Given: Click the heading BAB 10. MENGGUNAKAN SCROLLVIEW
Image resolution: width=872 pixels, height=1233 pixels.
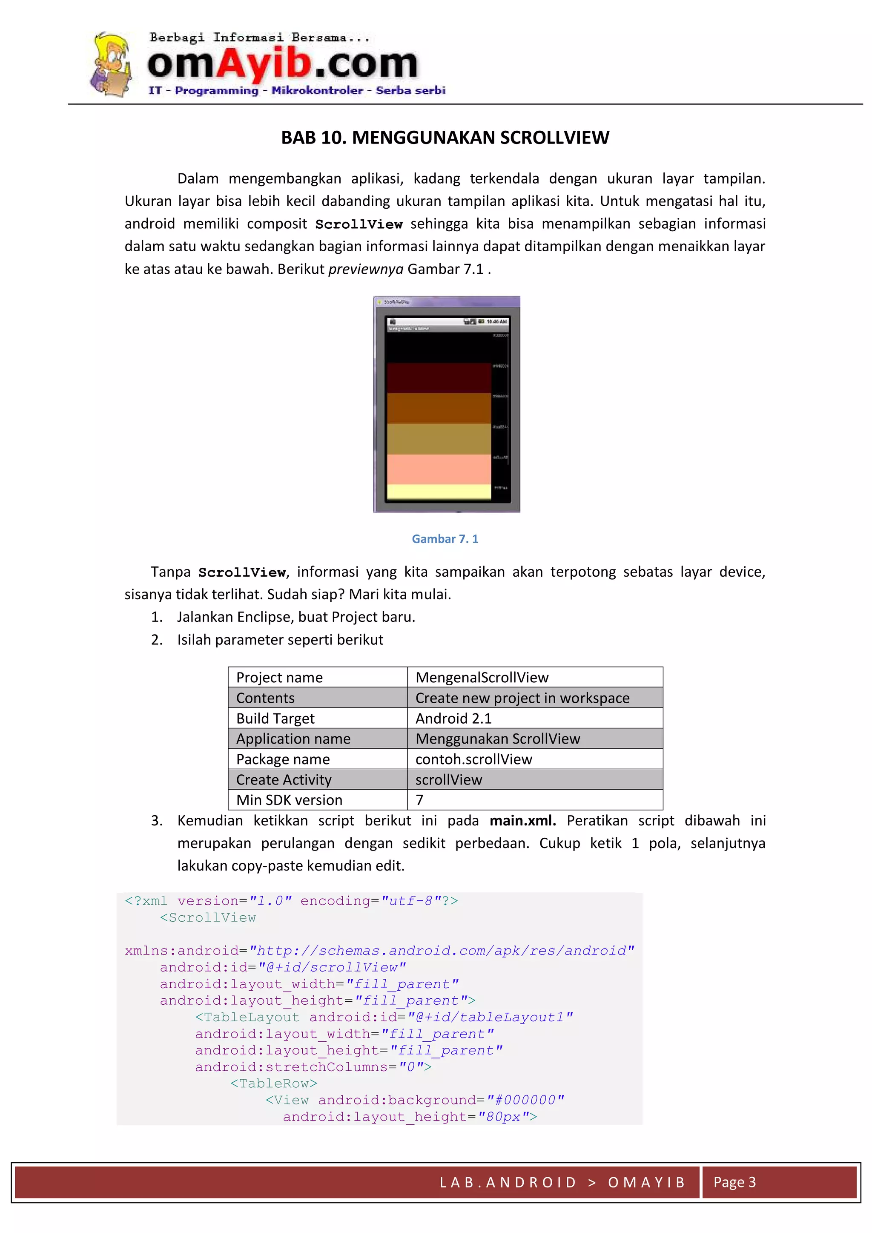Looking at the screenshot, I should coord(445,138).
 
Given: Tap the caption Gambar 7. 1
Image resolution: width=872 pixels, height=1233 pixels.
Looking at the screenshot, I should coord(445,539).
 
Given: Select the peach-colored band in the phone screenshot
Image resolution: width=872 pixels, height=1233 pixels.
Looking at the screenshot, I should coord(439,469).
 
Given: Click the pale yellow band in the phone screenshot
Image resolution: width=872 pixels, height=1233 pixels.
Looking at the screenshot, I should coord(439,491).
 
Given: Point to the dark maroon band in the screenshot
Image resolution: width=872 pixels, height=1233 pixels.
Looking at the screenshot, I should coord(439,377).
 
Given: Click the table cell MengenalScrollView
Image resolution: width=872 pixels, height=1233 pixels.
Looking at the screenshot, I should coord(482,678).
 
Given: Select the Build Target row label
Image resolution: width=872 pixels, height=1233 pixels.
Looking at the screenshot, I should coord(275,719).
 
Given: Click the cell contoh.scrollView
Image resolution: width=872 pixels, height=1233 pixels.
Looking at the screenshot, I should coord(473,759).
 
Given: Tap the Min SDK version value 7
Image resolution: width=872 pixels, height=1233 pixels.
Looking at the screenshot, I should coord(419,800).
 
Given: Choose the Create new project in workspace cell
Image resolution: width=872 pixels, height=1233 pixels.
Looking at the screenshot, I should coord(522,698).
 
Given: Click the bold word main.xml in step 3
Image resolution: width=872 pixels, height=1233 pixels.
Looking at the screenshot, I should coord(522,821).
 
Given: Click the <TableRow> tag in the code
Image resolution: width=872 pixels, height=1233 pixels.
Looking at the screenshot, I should coord(274,1084).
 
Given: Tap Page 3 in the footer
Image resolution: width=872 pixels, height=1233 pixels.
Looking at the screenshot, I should coord(734,1182).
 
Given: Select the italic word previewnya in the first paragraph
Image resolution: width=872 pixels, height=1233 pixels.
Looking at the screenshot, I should coord(365,269).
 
